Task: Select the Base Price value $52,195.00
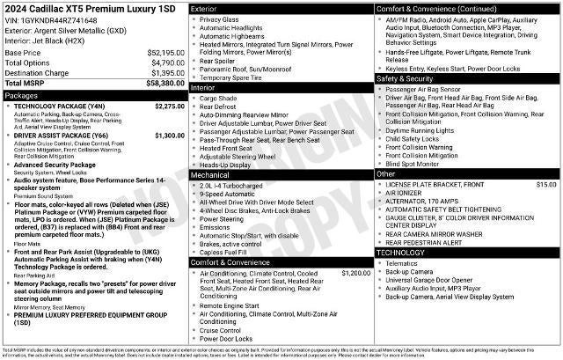[x=165, y=52]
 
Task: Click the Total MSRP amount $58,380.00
[x=165, y=83]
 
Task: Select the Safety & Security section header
[x=406, y=78]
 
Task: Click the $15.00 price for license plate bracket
[x=546, y=185]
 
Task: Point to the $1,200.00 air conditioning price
[x=355, y=274]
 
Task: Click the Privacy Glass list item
[x=219, y=18]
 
